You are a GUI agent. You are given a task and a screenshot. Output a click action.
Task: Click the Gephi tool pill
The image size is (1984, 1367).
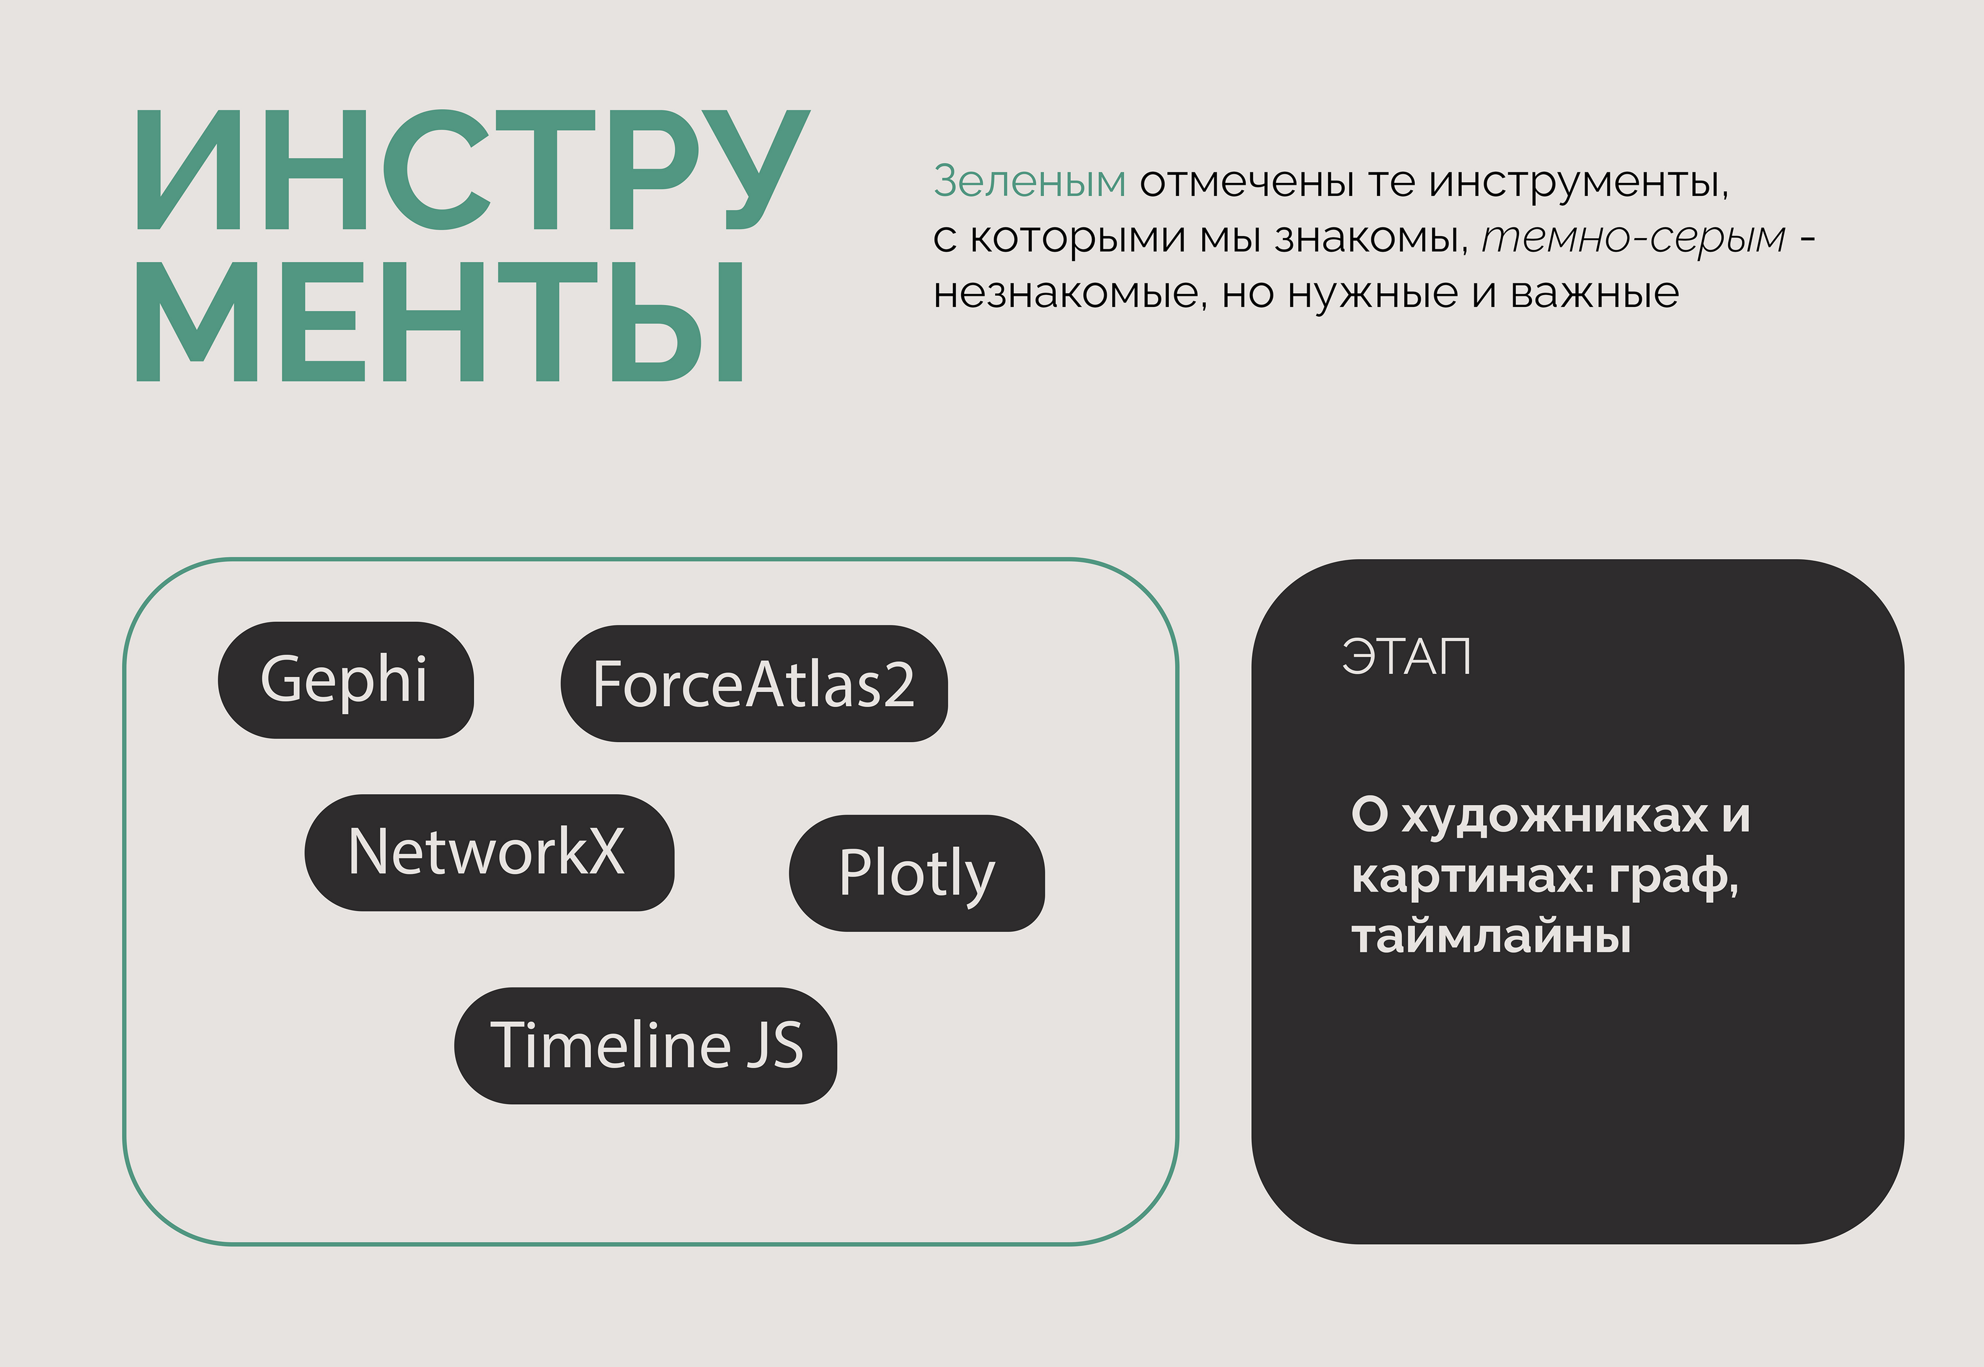click(345, 680)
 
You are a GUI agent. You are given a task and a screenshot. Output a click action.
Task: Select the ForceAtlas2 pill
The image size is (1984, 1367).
click(754, 683)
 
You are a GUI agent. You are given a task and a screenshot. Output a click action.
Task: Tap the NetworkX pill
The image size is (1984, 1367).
click(489, 852)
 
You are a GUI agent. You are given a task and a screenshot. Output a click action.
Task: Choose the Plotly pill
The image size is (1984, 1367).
click(916, 873)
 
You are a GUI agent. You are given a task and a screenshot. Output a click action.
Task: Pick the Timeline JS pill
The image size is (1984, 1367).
click(645, 1046)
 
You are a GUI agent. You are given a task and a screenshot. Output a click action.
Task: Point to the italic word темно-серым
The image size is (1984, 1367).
click(1634, 238)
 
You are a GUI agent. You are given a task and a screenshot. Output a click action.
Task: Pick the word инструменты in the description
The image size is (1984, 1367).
click(1579, 182)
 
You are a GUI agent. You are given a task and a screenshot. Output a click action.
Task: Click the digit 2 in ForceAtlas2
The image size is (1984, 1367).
click(898, 685)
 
